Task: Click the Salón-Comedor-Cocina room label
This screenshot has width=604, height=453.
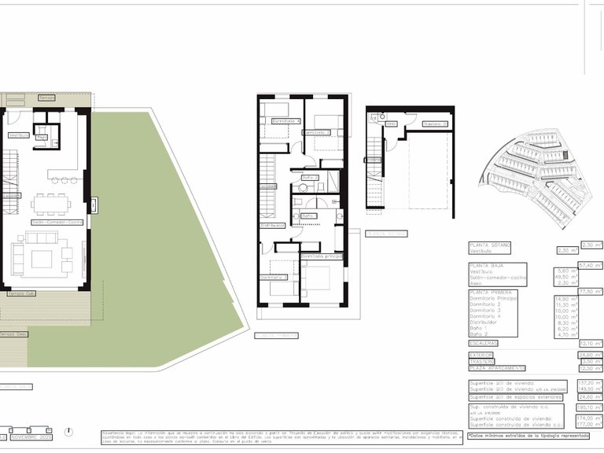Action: pos(57,223)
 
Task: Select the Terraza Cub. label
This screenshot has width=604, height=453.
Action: pos(21,293)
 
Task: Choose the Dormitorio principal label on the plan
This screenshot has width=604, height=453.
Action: pos(322,256)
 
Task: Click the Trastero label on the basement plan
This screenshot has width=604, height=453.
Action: pos(435,124)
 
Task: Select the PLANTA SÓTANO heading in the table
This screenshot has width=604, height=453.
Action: pos(489,245)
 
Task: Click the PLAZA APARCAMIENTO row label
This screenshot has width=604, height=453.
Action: pos(497,367)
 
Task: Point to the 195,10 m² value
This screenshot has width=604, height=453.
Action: pos(589,407)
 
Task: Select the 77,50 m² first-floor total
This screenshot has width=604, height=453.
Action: pos(591,292)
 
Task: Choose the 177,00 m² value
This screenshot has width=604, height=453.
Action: pos(589,425)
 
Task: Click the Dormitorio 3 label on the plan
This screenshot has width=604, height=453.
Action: pos(274,278)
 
